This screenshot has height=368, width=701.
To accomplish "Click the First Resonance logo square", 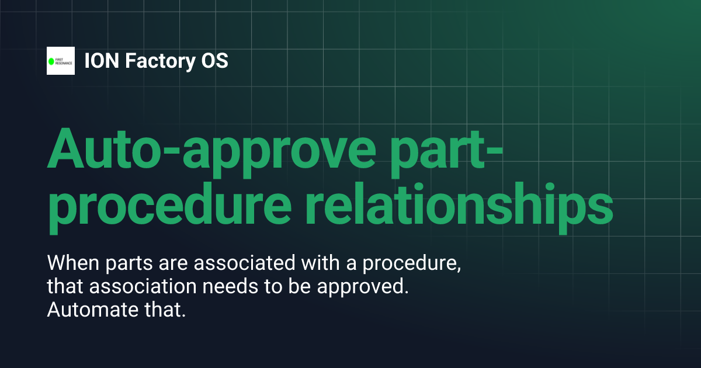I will [61, 61].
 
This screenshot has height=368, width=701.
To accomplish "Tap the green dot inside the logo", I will [51, 61].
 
